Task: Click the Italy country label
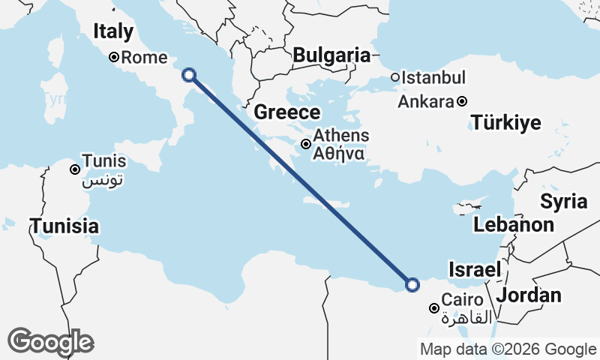[x=113, y=31]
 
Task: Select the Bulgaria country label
[x=331, y=55]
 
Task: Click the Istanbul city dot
[x=395, y=78]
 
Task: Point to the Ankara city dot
[x=462, y=101]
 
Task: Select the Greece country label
[x=287, y=112]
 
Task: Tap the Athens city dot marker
[x=306, y=144]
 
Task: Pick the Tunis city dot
[x=75, y=169]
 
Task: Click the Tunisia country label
[x=64, y=225]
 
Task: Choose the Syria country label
[x=563, y=201]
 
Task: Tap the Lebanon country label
[x=514, y=224]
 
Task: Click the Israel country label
[x=474, y=269]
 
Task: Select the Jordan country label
[x=529, y=295]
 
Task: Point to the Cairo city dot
[x=433, y=308]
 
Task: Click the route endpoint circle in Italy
[x=189, y=74]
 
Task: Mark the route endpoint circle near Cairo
[x=412, y=283]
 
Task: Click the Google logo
[x=50, y=342]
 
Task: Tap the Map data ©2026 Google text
[x=508, y=349]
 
